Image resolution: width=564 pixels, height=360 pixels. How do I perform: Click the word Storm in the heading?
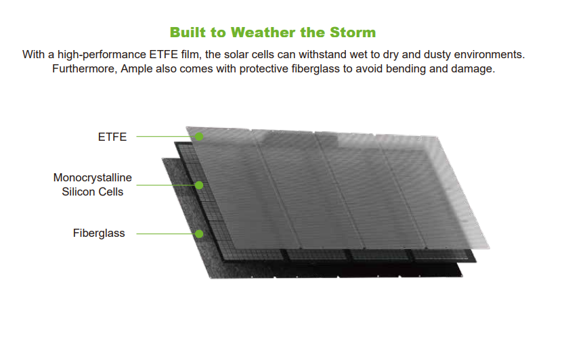[353, 32]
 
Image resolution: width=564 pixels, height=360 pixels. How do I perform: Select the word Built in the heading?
[188, 32]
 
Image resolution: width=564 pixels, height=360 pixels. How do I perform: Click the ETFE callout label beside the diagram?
[112, 137]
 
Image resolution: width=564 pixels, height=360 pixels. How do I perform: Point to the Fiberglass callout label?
[99, 233]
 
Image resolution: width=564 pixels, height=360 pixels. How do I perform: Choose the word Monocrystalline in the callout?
[93, 178]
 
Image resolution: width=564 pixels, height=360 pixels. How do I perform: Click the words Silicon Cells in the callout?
[93, 192]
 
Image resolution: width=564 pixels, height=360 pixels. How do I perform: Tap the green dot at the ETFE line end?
[199, 137]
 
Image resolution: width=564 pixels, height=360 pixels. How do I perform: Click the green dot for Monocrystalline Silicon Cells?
[199, 185]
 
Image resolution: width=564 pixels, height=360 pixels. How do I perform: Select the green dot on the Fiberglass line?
[199, 233]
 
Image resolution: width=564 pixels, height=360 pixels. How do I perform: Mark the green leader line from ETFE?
[165, 137]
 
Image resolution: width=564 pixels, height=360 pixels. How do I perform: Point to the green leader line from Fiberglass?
[165, 233]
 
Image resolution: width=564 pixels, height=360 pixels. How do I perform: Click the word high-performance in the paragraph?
[102, 55]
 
